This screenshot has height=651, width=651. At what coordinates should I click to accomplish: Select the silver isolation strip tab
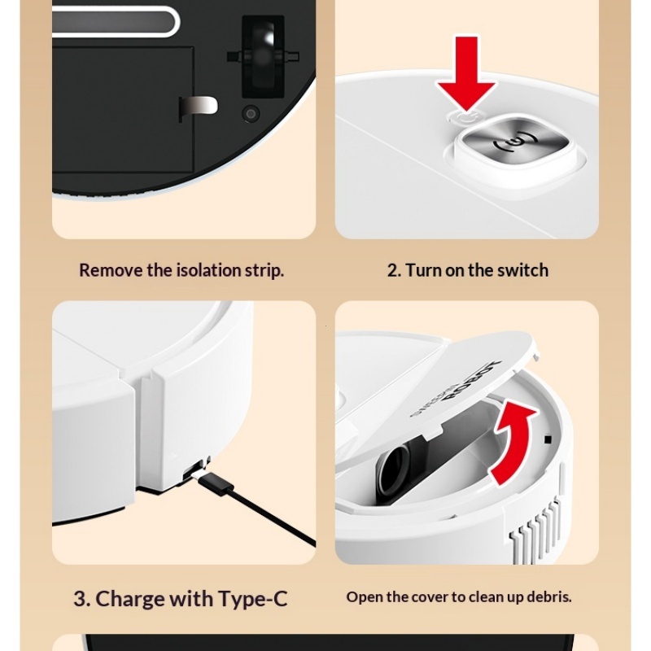pos(199,106)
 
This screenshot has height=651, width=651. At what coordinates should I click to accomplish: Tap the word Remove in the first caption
pos(111,271)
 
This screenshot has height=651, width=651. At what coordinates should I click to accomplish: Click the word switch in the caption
pos(521,271)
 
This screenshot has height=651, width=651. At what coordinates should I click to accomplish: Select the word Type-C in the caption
pos(252,600)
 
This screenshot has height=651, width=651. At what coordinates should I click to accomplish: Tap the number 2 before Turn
pos(394,271)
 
